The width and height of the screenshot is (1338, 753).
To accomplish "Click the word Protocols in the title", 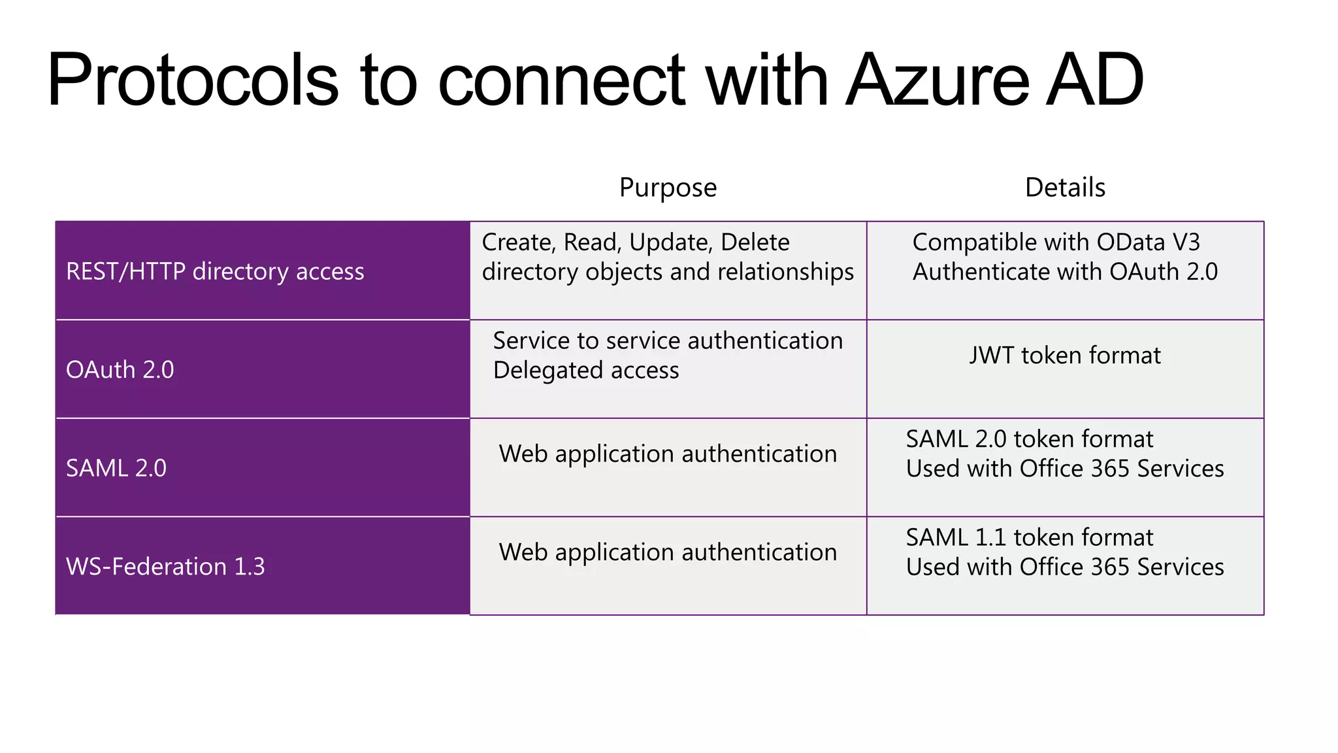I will (193, 80).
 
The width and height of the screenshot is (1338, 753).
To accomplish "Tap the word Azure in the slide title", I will (938, 80).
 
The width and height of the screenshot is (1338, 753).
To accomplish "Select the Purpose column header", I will (668, 188).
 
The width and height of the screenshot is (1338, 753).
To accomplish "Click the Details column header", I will (1065, 188).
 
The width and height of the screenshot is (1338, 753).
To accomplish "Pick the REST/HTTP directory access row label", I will (215, 271).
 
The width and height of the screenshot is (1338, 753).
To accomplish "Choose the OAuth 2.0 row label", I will (120, 370).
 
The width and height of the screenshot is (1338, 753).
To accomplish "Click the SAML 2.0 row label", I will (116, 468).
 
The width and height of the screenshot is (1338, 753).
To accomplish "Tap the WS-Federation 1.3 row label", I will (165, 567).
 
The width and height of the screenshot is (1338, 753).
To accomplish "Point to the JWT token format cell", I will (1065, 356).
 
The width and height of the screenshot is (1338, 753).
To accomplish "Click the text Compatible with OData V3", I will (1056, 243).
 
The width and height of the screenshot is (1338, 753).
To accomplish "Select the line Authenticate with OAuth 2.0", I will (1065, 272).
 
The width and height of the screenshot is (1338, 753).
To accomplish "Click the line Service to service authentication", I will (668, 341).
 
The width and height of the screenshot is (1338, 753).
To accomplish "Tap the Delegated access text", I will (586, 371).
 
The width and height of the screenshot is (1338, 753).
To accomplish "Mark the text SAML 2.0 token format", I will (1029, 439).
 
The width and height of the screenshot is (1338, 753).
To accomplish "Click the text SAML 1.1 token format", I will (1029, 537).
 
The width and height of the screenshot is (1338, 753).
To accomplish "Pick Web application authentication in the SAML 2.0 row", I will (668, 454).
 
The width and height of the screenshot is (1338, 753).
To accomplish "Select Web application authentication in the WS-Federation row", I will (668, 552).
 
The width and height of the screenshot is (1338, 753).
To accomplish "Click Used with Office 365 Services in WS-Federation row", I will (1065, 567).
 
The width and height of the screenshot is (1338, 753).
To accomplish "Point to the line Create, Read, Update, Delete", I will (636, 243).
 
